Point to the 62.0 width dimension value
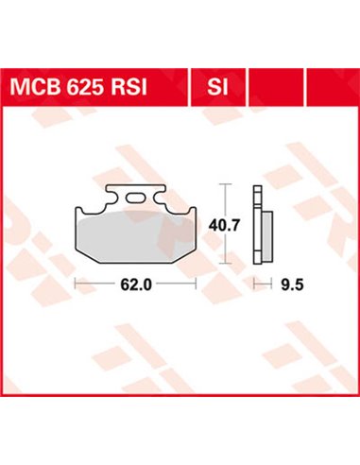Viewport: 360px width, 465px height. pyautogui.click(x=136, y=283)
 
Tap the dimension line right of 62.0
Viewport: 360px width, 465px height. pyautogui.click(x=177, y=283)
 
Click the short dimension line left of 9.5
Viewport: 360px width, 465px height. pyautogui.click(x=259, y=283)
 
